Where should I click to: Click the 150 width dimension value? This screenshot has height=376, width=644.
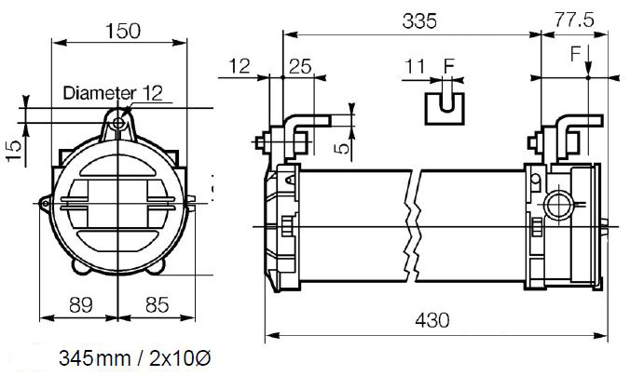coord(123,31)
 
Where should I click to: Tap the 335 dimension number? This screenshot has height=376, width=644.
coord(419,20)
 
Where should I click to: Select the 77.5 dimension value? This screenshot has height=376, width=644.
coord(574,20)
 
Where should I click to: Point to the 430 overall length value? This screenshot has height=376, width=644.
coord(432,320)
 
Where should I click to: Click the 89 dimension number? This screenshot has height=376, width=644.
coord(81,305)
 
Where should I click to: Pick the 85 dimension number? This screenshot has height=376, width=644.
coord(157,305)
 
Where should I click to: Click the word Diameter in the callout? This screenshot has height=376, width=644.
coord(99,93)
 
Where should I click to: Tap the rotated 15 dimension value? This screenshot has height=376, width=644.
coord(14,150)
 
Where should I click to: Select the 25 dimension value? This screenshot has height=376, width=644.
coord(300,66)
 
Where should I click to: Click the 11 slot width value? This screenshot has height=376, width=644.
coord(415,66)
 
